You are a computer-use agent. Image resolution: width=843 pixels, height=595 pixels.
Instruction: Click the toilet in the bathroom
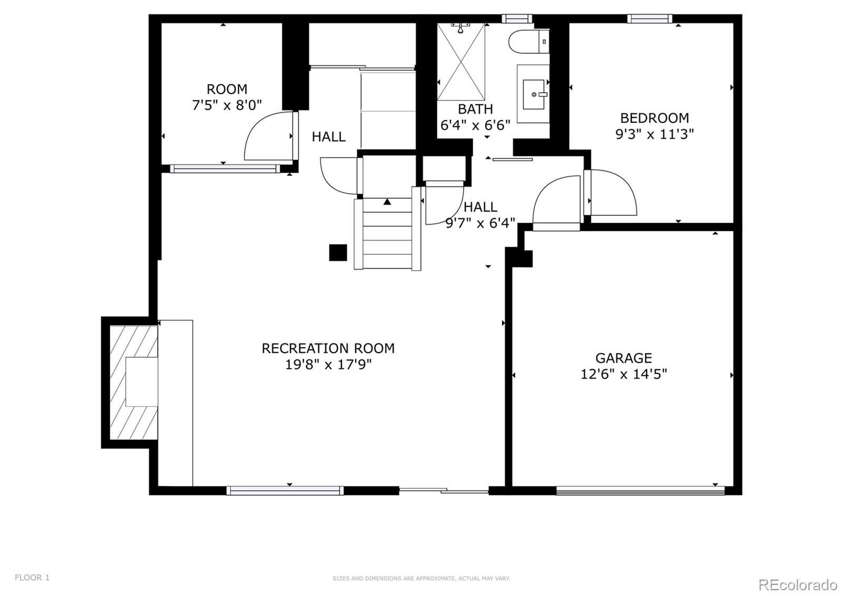tap(528, 41)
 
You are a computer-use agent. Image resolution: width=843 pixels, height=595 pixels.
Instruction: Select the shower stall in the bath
tap(461, 62)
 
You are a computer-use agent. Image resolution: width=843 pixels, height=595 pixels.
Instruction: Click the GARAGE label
tap(624, 358)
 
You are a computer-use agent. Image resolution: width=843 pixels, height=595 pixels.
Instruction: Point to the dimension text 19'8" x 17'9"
tap(328, 364)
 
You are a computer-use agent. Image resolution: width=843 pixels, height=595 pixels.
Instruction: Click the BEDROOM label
tap(654, 118)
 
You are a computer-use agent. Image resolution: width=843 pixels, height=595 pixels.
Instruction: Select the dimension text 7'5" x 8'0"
tap(227, 105)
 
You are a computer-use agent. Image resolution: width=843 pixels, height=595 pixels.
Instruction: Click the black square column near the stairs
tap(338, 253)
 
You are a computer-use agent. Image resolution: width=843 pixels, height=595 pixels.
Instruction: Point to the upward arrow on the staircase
tap(387, 202)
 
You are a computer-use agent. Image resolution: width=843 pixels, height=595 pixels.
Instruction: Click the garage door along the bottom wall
tap(640, 491)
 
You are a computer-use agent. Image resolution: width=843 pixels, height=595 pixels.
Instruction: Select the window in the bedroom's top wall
tap(649, 19)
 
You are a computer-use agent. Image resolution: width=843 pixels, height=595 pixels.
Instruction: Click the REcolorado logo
tap(797, 584)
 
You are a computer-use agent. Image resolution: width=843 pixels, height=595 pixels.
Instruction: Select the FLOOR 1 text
tap(32, 578)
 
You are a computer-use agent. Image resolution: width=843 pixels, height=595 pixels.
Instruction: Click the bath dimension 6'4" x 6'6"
tap(475, 125)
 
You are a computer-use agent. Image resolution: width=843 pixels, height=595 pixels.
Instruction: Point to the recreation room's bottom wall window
tap(285, 491)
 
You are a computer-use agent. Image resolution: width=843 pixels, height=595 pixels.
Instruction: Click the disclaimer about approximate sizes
tap(421, 579)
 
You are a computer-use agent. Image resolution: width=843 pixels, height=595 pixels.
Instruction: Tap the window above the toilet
tap(517, 19)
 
